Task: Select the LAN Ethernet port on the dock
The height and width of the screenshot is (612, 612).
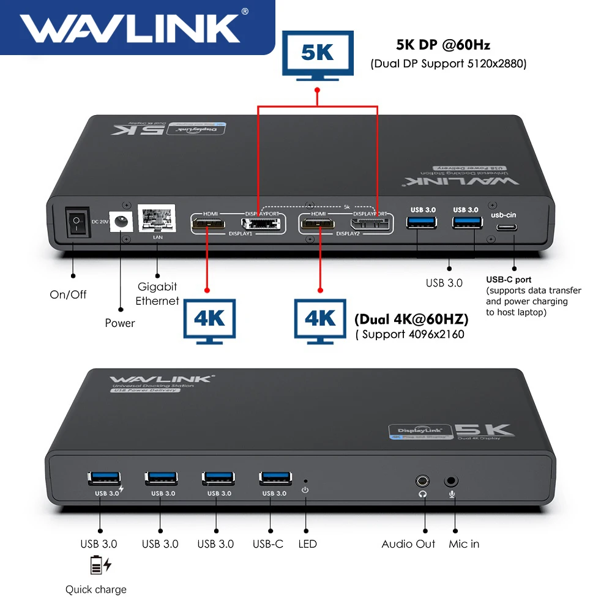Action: click(157, 218)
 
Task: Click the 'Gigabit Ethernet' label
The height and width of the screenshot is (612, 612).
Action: click(157, 294)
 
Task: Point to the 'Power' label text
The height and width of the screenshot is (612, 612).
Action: click(120, 323)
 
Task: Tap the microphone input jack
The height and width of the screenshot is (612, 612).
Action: click(452, 481)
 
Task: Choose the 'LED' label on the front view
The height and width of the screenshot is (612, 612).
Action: click(307, 543)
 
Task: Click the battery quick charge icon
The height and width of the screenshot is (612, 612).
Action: click(101, 566)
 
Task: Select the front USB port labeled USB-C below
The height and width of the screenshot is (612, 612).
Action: click(274, 478)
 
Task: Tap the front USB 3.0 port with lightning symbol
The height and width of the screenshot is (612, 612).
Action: click(104, 478)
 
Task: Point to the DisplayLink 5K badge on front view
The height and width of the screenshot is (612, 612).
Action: click(452, 431)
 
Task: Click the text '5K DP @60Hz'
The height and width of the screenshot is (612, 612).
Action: click(443, 45)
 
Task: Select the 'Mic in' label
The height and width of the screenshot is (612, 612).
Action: click(464, 543)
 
